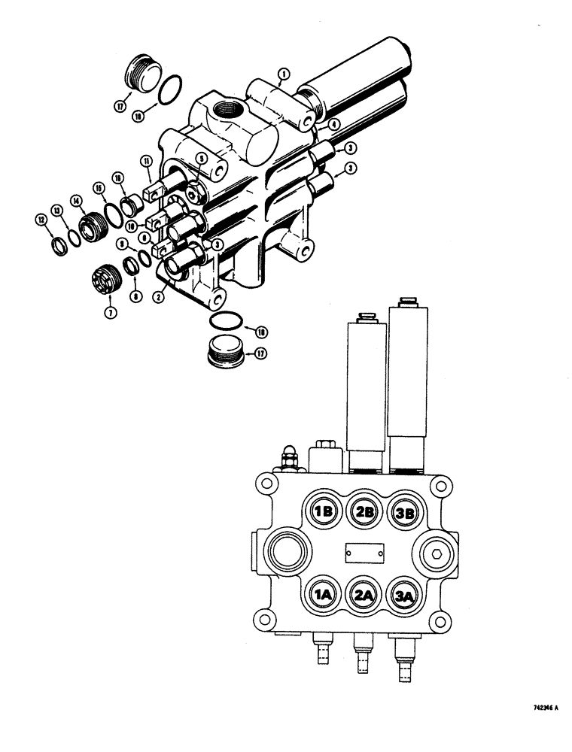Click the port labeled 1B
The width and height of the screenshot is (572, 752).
click(x=324, y=512)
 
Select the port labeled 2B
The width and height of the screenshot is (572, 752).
click(x=365, y=512)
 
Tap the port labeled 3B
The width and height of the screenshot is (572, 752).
click(x=405, y=513)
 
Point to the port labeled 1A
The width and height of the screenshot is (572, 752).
click(x=324, y=595)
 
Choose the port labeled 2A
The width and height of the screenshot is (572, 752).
click(x=365, y=595)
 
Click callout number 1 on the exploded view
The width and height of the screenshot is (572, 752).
click(x=283, y=74)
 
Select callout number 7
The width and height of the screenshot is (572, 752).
click(x=111, y=312)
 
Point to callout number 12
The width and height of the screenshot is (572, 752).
click(x=41, y=219)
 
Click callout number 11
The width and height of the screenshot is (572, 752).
click(x=145, y=161)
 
